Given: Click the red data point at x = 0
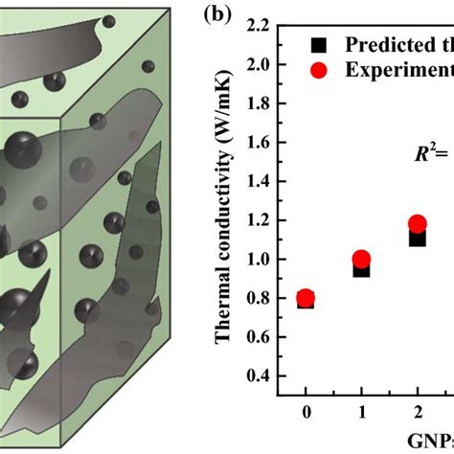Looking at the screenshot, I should pyautogui.click(x=306, y=298).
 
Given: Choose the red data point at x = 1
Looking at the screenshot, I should pyautogui.click(x=361, y=260).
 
